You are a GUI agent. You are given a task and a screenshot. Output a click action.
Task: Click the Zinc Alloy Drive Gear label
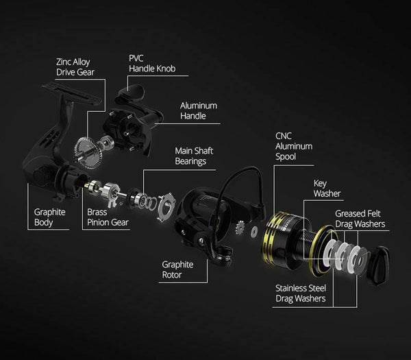click(x=75, y=67)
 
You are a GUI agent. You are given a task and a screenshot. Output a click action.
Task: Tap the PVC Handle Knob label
click(x=152, y=64)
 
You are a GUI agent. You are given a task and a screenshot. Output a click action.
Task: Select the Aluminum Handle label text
click(x=199, y=110)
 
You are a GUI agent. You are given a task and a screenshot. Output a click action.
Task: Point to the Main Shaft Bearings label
click(x=194, y=156)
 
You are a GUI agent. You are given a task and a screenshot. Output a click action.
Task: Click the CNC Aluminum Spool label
click(x=294, y=147)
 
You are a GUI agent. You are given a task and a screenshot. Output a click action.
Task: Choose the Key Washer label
click(x=327, y=189)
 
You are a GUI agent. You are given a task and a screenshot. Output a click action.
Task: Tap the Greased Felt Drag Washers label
click(x=360, y=219)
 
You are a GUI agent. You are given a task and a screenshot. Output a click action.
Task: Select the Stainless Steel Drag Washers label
click(x=301, y=293)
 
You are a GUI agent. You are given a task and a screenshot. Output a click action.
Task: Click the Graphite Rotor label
click(x=177, y=269)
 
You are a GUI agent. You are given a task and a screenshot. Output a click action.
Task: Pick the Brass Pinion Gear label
click(x=108, y=217)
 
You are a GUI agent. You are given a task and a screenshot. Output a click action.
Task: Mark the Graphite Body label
click(x=49, y=217)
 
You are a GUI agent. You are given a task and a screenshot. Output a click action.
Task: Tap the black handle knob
click(x=133, y=93)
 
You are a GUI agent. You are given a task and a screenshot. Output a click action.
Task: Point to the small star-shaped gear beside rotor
click(x=240, y=228)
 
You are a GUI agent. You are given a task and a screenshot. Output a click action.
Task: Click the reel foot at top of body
click(x=71, y=93)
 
